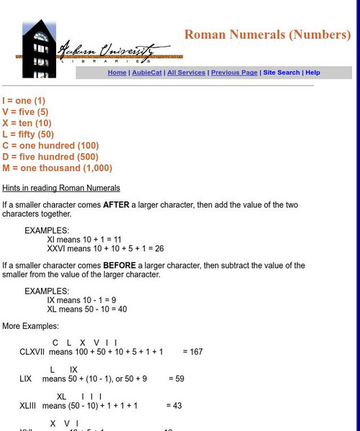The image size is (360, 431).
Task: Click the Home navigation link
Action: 116,73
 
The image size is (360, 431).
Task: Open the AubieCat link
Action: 145,73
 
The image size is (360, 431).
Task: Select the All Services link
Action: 186,73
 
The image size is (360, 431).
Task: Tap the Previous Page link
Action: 234,73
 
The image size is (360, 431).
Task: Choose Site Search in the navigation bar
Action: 281,73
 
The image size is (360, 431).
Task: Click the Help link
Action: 313,73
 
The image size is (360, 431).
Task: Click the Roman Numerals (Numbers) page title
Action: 267,35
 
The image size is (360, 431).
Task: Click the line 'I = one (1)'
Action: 24,101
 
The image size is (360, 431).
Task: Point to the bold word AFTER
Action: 116,205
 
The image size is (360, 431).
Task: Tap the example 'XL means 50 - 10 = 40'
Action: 87,309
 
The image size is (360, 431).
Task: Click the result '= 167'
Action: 193,352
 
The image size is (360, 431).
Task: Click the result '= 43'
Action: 174,405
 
